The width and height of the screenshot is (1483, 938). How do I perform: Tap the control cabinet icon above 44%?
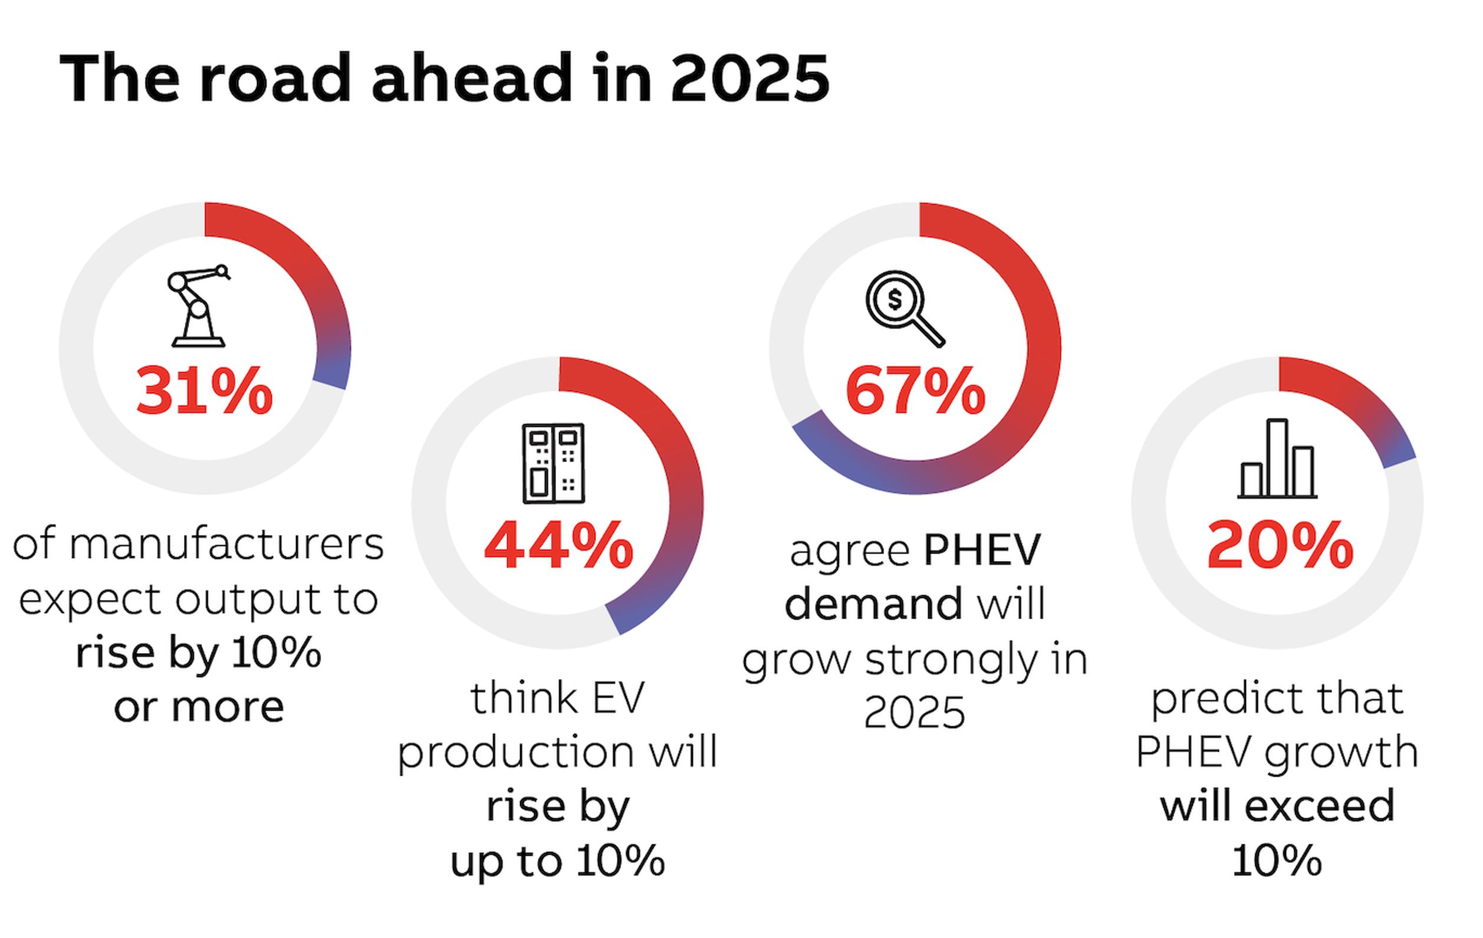coord(553,464)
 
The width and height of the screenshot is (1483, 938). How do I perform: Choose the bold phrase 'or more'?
coord(198,707)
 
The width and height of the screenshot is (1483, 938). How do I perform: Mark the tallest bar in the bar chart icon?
coord(1277,457)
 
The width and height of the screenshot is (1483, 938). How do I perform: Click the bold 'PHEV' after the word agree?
coord(982,550)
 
